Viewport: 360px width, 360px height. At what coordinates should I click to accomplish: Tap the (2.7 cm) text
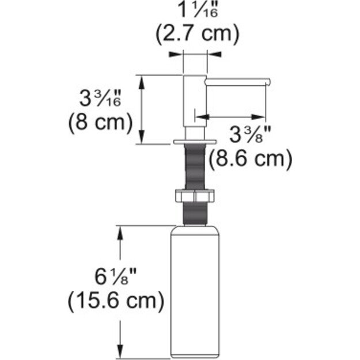[196, 34]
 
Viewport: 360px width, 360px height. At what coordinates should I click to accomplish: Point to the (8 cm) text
[100, 122]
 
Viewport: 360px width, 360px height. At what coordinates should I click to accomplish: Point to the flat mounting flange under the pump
[194, 141]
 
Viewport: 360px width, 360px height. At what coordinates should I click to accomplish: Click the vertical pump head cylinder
[194, 104]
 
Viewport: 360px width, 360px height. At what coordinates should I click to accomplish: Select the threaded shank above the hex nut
[194, 167]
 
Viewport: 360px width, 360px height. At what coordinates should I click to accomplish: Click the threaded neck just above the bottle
[194, 214]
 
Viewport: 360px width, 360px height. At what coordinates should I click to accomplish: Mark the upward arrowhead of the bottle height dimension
[120, 230]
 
